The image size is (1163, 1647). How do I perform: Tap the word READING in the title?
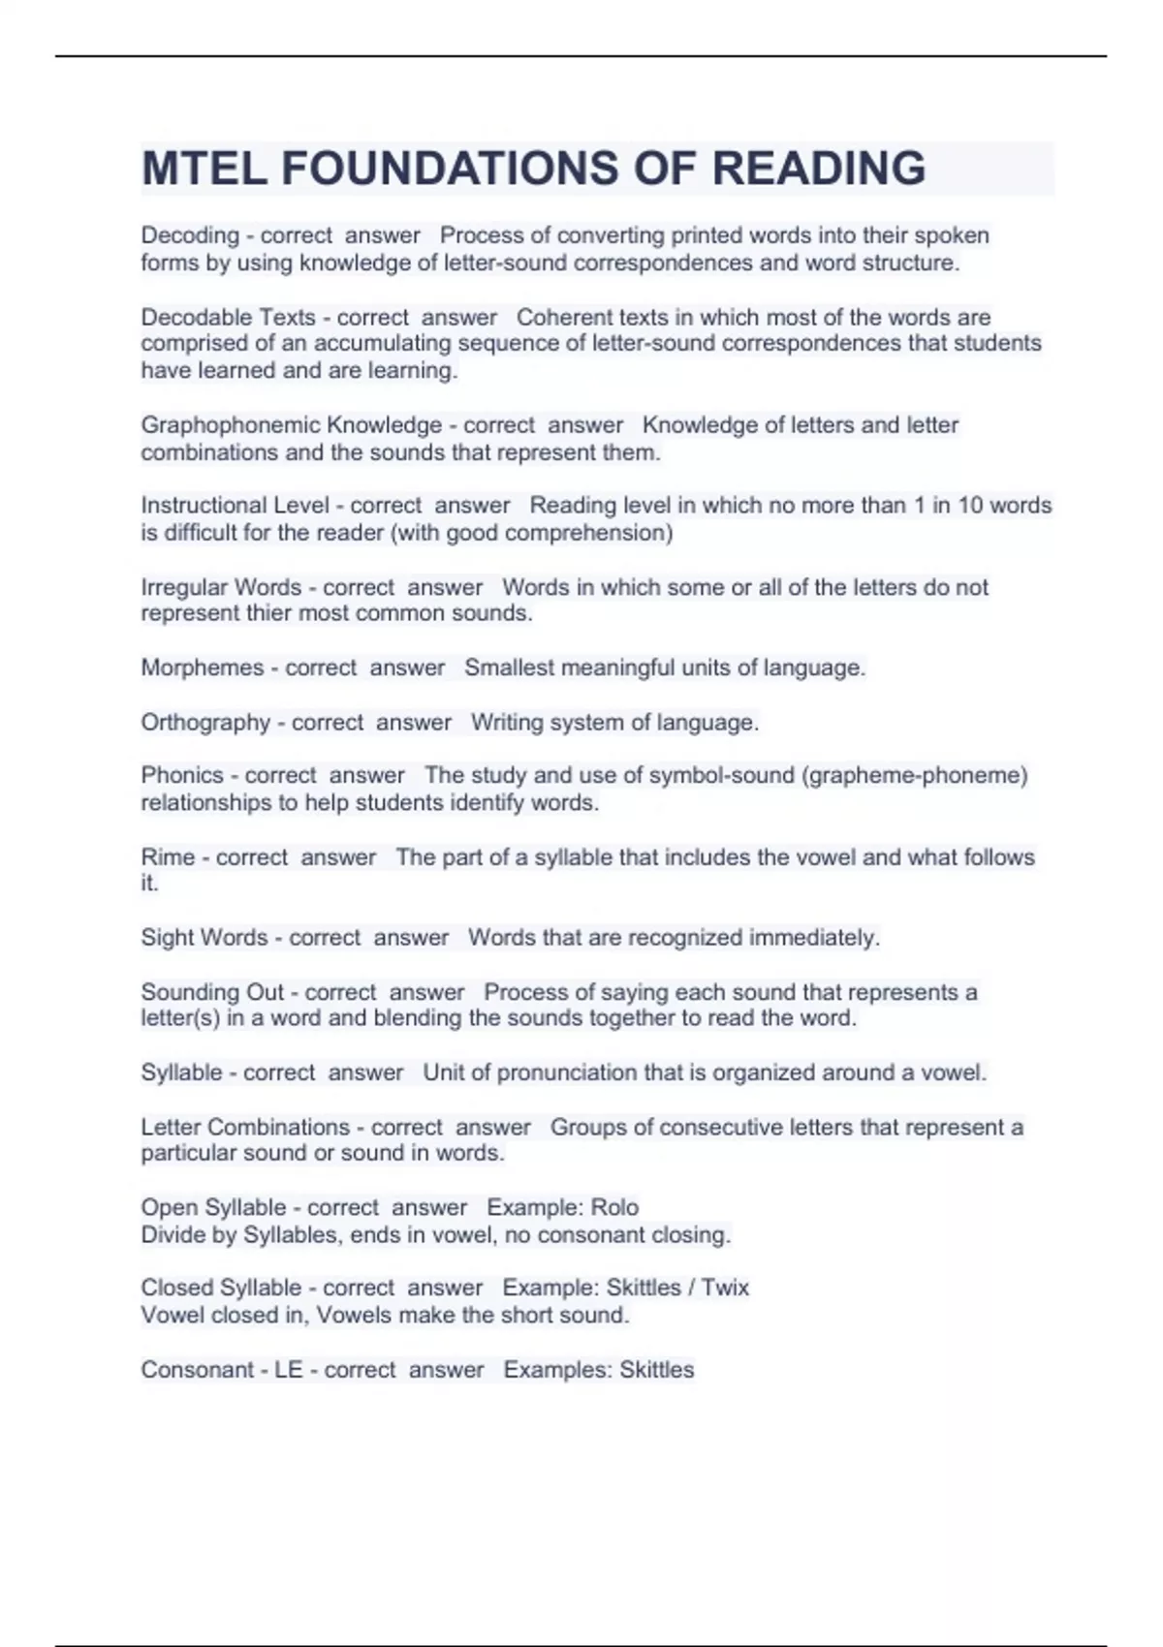819,169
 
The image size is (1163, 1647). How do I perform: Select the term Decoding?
190,235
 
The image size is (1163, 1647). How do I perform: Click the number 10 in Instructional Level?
970,506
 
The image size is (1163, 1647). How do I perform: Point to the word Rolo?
614,1208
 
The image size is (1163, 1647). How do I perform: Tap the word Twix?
725,1289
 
